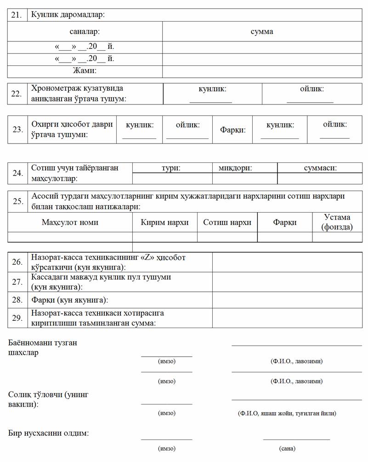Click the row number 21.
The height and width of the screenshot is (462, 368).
[x=17, y=15]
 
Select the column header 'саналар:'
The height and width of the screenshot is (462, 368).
[x=85, y=32]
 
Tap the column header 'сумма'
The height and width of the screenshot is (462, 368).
[x=262, y=32]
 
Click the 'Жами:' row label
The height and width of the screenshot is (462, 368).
[x=85, y=71]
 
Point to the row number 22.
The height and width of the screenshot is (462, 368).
[x=17, y=94]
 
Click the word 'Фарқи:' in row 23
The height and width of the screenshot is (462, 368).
[x=233, y=130]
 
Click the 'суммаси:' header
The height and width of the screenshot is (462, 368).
[x=320, y=168]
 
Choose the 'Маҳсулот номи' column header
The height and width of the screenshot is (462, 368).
[x=70, y=222]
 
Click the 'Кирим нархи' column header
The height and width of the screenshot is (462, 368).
[x=164, y=222]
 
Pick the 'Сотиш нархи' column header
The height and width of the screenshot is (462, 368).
[x=227, y=222]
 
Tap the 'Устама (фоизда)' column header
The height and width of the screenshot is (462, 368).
[x=337, y=222]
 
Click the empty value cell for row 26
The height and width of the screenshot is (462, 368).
[x=287, y=262]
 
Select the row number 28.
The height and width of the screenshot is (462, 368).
[x=17, y=300]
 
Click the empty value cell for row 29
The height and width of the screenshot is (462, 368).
[x=287, y=318]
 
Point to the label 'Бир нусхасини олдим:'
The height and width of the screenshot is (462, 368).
[x=49, y=433]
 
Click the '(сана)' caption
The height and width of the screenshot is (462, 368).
[x=287, y=448]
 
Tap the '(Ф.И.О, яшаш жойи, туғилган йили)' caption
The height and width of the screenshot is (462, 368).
[x=287, y=413]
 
